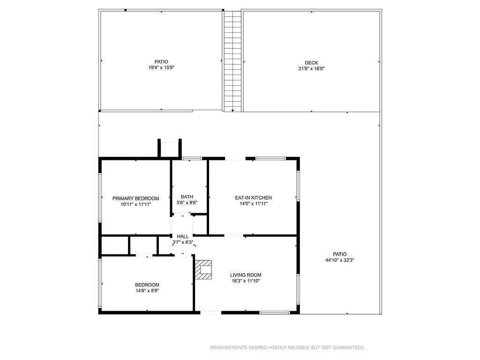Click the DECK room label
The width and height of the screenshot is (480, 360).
point(311,63)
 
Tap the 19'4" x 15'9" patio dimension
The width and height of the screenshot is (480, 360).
point(161,67)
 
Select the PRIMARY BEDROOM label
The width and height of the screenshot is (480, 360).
point(135,198)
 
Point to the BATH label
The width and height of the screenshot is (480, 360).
point(187,197)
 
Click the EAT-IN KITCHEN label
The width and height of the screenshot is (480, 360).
point(254,198)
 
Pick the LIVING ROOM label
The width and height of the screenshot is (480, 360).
point(246,275)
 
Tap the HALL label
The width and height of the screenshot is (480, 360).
point(183,236)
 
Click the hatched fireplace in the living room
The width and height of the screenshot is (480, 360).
point(203,270)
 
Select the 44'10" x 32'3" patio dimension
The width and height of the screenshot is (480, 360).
point(340,260)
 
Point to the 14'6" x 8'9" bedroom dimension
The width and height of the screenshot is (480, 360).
point(147,291)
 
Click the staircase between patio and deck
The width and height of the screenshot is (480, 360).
point(232,61)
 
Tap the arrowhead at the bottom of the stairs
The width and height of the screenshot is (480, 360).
point(232,110)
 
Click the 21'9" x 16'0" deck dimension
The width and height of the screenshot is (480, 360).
point(311,69)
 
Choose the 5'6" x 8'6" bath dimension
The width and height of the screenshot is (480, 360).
point(187,202)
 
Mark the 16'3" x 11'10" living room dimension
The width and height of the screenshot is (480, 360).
point(246,281)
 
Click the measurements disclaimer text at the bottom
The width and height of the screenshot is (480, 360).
point(287,347)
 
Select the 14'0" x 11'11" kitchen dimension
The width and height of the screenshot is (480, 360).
point(254,203)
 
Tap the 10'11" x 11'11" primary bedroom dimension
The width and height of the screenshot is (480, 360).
point(135,204)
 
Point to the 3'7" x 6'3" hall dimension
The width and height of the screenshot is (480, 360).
point(183,242)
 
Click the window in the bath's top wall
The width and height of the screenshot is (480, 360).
point(192,158)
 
